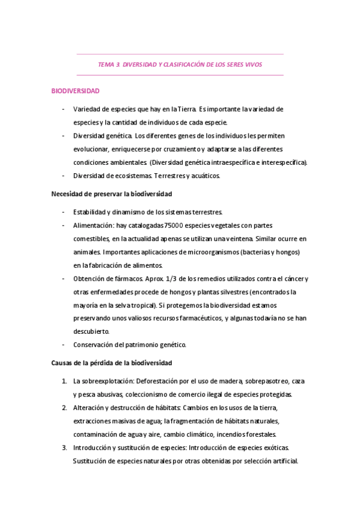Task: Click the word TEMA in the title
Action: [106, 64]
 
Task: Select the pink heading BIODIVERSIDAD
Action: [75, 91]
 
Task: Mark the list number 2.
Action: [64, 408]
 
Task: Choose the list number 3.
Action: [64, 447]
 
